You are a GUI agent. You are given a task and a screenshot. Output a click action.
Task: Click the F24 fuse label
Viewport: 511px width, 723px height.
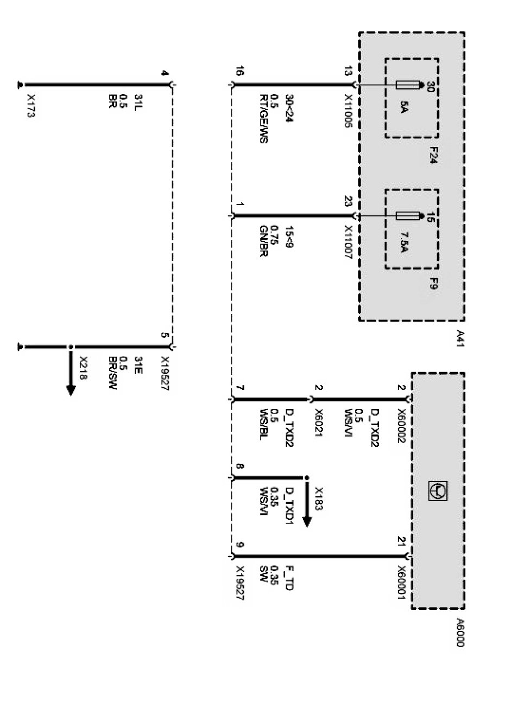(433, 155)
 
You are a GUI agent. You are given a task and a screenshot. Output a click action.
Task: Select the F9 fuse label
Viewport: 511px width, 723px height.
(433, 283)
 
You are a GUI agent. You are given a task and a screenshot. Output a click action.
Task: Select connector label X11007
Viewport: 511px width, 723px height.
(348, 243)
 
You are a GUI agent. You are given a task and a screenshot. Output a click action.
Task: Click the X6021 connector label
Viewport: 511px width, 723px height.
(319, 423)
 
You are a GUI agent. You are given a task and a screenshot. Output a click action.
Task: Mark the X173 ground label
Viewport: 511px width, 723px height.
(30, 106)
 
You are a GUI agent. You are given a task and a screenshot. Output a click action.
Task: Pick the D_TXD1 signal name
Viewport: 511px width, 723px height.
(289, 507)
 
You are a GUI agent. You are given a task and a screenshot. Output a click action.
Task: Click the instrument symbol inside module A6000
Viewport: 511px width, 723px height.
(438, 490)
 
